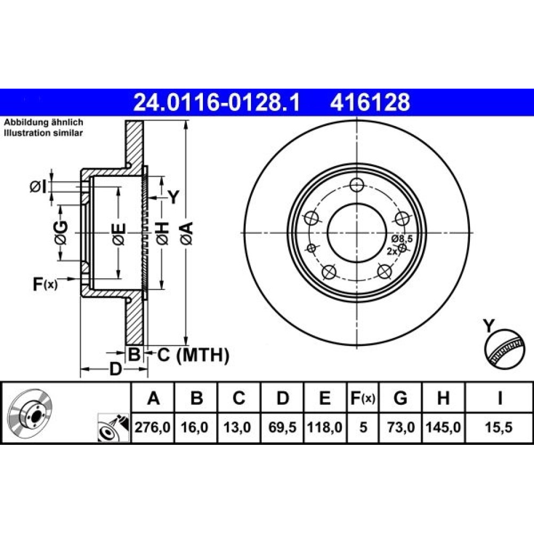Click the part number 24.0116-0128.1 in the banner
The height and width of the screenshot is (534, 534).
pyautogui.click(x=217, y=103)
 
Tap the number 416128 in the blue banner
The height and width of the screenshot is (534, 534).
pyautogui.click(x=370, y=103)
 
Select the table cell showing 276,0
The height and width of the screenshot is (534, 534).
pyautogui.click(x=153, y=427)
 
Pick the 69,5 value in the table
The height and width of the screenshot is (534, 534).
pyautogui.click(x=282, y=427)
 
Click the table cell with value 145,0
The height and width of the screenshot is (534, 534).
pyautogui.click(x=443, y=427)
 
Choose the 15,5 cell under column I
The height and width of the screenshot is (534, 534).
pyautogui.click(x=499, y=427)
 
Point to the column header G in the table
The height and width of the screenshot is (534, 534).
pyautogui.click(x=400, y=397)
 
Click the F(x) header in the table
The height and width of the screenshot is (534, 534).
pyautogui.click(x=363, y=397)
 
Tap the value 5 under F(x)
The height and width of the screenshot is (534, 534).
pyautogui.click(x=363, y=427)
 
